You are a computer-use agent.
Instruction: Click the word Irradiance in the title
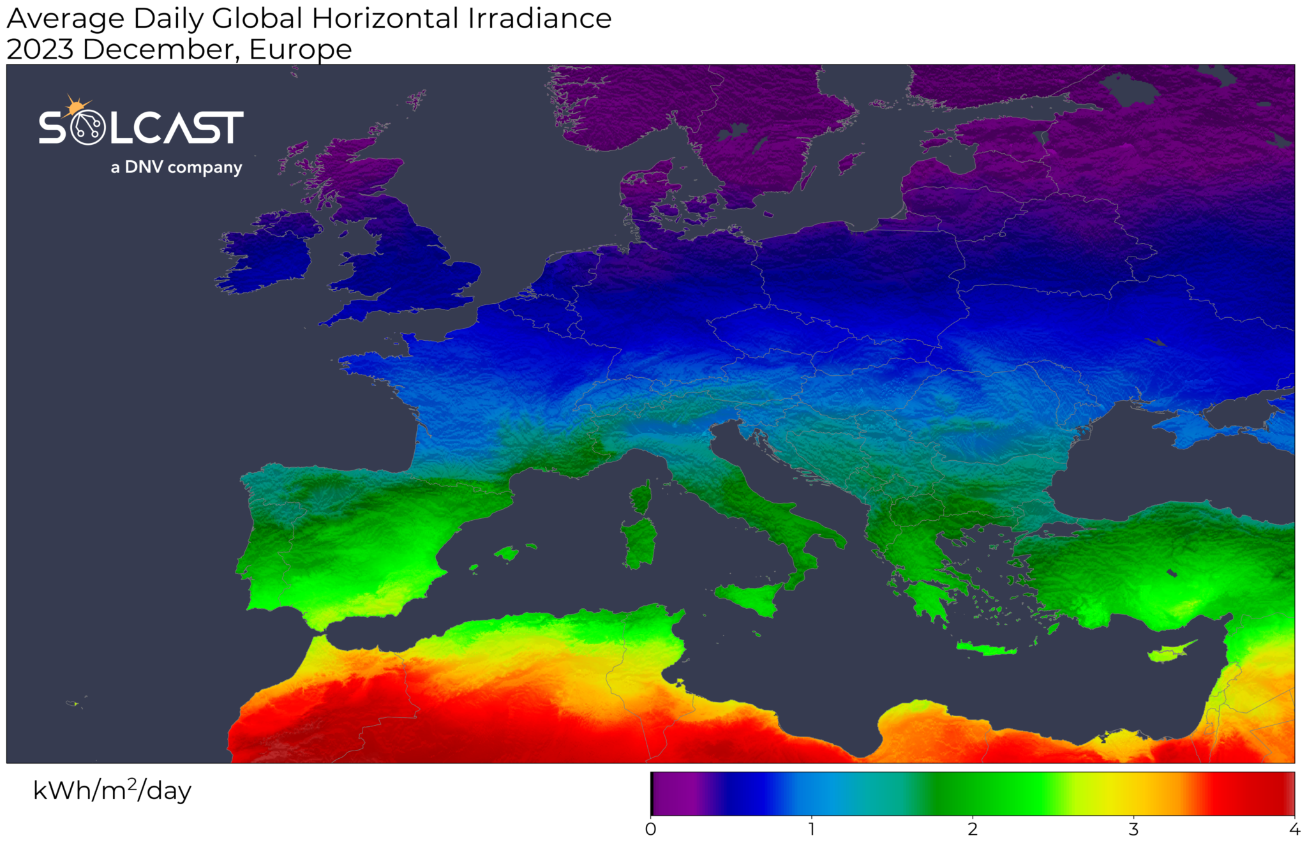coord(540,19)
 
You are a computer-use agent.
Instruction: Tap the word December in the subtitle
coord(160,50)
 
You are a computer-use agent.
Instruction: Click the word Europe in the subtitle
coord(300,50)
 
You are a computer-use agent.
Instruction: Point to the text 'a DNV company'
coord(176,167)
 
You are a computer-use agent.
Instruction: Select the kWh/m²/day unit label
coord(112,791)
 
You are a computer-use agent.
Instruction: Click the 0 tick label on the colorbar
coord(650,829)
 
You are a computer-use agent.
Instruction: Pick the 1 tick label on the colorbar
coord(811,829)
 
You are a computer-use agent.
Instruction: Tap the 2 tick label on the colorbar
coord(972,829)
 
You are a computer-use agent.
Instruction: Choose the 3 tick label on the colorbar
coord(1133,829)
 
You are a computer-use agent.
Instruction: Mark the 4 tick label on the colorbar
coord(1294,829)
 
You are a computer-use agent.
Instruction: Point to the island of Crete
coord(986,649)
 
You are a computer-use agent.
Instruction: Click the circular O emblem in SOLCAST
coord(87,128)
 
